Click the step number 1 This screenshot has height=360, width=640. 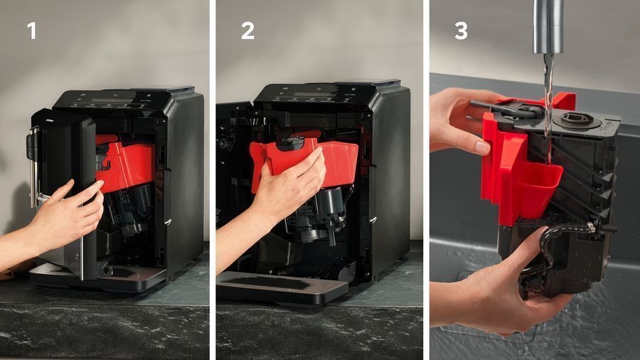[31, 31]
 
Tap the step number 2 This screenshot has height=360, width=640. [247, 31]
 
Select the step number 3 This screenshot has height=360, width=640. [461, 31]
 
